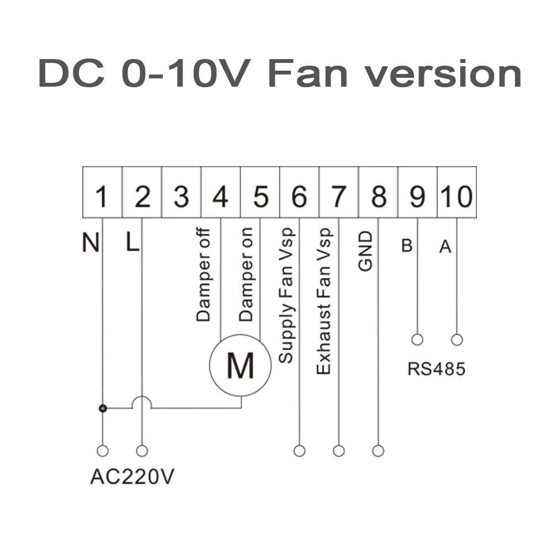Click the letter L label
(132, 243)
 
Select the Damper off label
(204, 274)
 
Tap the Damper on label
(246, 274)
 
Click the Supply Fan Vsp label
(286, 295)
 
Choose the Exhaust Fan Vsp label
(324, 301)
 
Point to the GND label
(365, 251)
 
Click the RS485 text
(436, 369)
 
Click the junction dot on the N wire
(102, 408)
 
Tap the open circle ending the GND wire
(378, 451)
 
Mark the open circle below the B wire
(417, 339)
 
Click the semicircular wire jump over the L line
(142, 403)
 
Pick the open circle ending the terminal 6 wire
(299, 451)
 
